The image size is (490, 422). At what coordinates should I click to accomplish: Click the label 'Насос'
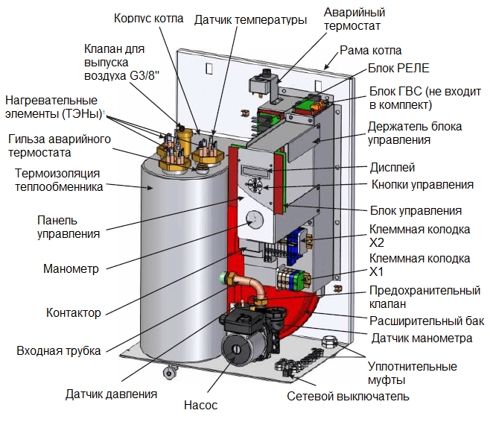tap(200, 406)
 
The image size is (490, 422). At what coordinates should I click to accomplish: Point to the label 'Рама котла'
tap(370, 51)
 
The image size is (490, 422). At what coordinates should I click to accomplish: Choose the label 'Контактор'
tap(73, 313)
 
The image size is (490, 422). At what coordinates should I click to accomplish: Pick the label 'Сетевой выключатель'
tap(348, 395)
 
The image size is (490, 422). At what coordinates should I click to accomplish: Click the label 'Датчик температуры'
tap(251, 20)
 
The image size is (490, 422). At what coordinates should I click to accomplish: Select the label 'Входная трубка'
tap(58, 351)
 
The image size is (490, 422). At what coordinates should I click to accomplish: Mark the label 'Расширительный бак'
tap(427, 321)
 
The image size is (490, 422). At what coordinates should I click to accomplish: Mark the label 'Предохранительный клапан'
tap(424, 297)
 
